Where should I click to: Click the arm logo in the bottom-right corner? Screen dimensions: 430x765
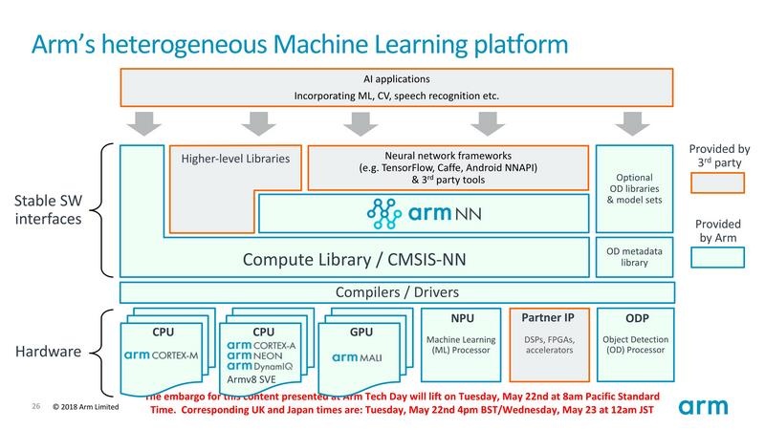711,406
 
